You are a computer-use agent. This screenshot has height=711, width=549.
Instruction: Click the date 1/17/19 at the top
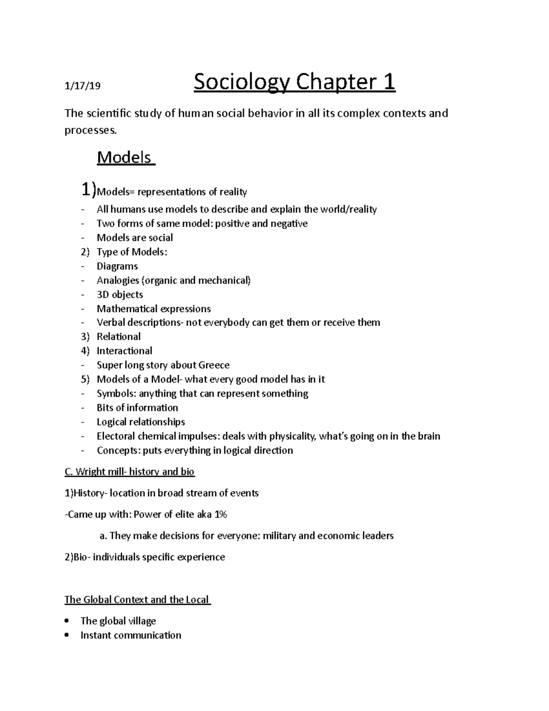82,86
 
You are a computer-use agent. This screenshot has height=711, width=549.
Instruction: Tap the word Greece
214,365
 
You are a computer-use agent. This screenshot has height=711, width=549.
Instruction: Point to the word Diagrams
117,266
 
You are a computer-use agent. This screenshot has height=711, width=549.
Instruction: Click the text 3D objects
120,295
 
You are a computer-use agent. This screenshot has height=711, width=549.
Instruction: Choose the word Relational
118,337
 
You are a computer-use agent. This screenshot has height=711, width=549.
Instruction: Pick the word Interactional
124,351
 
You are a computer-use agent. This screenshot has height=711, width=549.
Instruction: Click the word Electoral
116,436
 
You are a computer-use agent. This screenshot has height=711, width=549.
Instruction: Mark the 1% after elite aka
221,515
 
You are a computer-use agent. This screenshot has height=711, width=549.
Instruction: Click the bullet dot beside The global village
67,621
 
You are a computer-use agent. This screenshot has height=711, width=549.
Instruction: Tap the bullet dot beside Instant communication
67,635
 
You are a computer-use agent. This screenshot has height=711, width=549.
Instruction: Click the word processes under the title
90,131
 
